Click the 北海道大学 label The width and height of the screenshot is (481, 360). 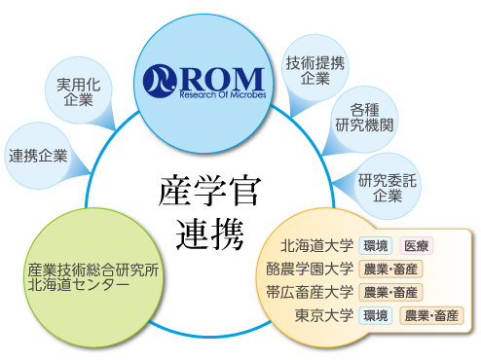click(x=316, y=245)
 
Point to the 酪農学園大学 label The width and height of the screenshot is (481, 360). click(x=310, y=269)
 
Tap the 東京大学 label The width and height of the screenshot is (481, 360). click(x=323, y=315)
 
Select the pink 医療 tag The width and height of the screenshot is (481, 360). click(x=419, y=245)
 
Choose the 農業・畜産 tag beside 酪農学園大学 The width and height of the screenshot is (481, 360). click(x=390, y=269)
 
